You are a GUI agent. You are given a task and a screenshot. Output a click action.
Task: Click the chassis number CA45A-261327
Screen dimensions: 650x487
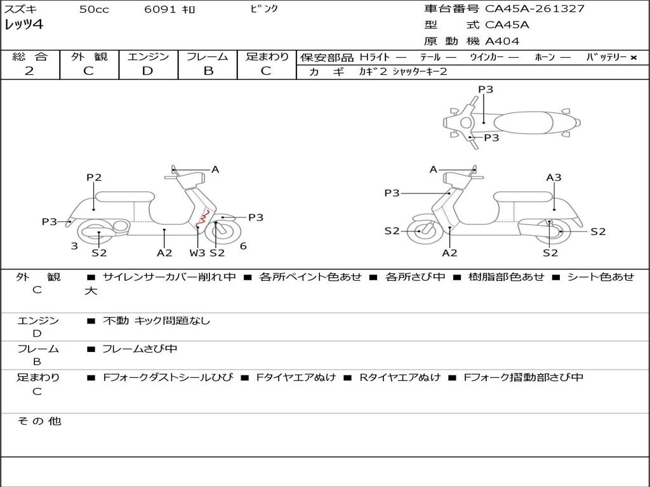coord(534,9)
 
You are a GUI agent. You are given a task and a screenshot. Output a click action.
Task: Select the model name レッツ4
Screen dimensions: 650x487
coord(23,25)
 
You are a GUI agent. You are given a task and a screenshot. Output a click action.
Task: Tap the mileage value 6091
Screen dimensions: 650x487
coord(160,9)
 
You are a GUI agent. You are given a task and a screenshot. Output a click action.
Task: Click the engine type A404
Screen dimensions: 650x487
coord(502,41)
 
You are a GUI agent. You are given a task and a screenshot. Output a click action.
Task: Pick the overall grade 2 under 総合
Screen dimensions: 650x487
coord(29,71)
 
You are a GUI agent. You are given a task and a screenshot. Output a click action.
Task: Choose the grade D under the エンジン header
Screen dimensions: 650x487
coord(147,71)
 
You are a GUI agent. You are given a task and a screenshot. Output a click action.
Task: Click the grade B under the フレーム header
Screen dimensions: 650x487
coord(208,71)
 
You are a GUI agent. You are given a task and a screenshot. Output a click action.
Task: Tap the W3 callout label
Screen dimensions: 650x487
coord(197,252)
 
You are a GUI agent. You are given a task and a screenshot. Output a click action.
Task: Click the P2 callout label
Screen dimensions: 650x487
coord(94,178)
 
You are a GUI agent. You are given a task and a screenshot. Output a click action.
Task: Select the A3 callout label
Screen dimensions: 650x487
coord(554,178)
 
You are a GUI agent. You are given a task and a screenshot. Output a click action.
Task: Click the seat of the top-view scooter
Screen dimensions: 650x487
coord(523,122)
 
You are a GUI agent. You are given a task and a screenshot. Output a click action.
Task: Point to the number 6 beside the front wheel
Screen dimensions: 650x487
coord(243,246)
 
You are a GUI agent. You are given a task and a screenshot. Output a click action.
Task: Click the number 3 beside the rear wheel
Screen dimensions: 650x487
coord(74,246)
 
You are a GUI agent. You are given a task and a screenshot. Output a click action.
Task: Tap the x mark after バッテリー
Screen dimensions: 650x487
coord(633,58)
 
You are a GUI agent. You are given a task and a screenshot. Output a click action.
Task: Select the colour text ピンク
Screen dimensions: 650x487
coord(264,8)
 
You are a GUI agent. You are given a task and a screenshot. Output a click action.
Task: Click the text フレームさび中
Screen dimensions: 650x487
coord(140,349)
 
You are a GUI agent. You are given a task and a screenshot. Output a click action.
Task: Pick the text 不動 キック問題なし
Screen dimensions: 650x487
coord(156,320)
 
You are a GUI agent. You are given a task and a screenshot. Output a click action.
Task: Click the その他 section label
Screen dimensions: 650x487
coord(39,421)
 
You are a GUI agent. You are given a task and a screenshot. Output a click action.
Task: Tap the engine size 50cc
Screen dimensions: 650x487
coord(94,9)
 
